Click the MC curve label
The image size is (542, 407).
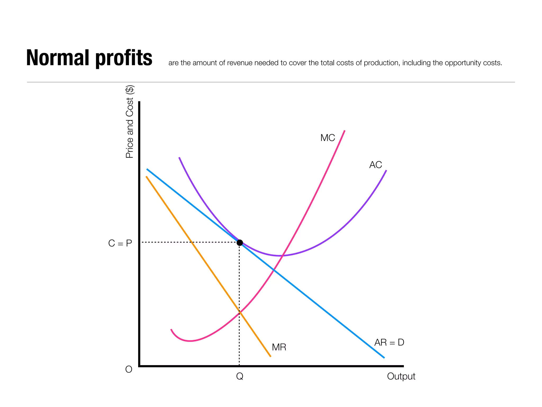click(x=327, y=138)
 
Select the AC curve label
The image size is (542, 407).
click(x=375, y=165)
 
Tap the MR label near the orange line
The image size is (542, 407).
click(x=279, y=347)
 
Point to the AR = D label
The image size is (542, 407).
click(x=389, y=342)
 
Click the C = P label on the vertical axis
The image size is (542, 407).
click(x=120, y=243)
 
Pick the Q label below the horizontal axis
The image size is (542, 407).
click(x=240, y=376)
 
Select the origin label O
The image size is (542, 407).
click(x=129, y=369)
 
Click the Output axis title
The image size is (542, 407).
click(x=401, y=376)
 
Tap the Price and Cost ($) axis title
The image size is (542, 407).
click(x=129, y=122)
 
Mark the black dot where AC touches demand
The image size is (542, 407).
click(x=240, y=243)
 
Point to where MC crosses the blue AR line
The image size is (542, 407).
click(x=274, y=270)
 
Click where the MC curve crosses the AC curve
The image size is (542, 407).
click(x=283, y=255)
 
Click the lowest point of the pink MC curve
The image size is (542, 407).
click(x=189, y=341)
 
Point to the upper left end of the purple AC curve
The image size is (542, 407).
click(x=179, y=158)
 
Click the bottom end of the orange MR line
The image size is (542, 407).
click(x=270, y=357)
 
